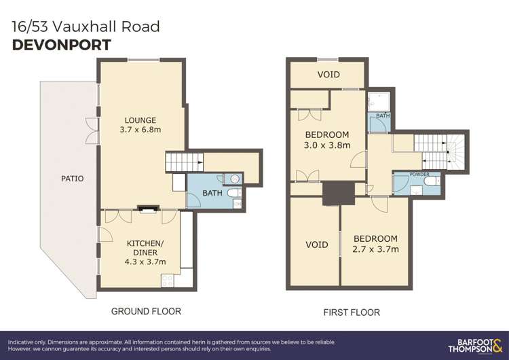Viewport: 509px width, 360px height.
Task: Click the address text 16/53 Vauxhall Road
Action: [86, 27]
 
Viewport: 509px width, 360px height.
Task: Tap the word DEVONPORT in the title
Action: [62, 46]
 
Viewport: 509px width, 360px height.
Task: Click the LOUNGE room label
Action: [140, 120]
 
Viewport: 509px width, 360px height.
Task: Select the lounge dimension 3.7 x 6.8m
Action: [140, 130]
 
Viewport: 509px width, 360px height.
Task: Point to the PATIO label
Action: [71, 179]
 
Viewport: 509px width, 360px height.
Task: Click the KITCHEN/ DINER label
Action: [145, 243]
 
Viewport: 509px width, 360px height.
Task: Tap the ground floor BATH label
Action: [212, 194]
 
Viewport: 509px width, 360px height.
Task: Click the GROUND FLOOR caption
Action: [146, 311]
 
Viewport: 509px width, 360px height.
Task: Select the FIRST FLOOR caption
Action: [352, 312]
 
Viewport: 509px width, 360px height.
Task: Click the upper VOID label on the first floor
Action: [328, 75]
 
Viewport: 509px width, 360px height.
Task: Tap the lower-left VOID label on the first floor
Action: [316, 245]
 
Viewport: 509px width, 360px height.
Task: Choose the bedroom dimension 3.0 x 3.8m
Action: [327, 145]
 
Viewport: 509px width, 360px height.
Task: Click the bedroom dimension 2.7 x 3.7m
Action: [376, 249]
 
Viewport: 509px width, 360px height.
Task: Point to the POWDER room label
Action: [419, 175]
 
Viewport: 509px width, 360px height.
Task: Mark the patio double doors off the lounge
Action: [91, 126]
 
